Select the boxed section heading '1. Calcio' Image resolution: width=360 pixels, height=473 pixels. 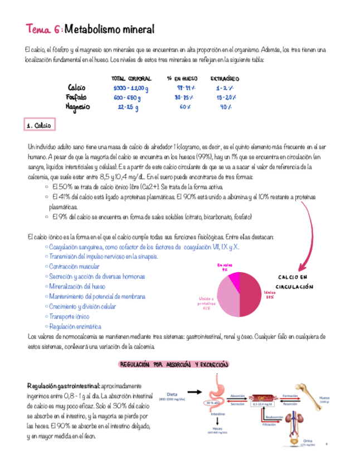click(x=38, y=126)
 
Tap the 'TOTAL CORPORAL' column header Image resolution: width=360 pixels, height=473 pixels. click(x=129, y=79)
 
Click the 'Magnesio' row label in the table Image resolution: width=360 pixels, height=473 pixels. click(x=77, y=107)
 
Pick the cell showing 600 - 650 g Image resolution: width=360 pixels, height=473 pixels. click(x=127, y=97)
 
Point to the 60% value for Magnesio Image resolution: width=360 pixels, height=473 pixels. click(x=186, y=107)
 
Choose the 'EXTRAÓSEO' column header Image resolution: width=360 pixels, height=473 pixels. click(x=225, y=79)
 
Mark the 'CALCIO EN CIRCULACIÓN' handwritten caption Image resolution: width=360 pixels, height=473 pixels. click(x=295, y=282)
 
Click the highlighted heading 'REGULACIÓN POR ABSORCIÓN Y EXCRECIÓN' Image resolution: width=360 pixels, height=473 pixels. click(x=174, y=364)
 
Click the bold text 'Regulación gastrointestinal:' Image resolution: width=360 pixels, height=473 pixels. click(x=62, y=386)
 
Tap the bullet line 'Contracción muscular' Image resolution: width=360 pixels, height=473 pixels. click(x=74, y=267)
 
